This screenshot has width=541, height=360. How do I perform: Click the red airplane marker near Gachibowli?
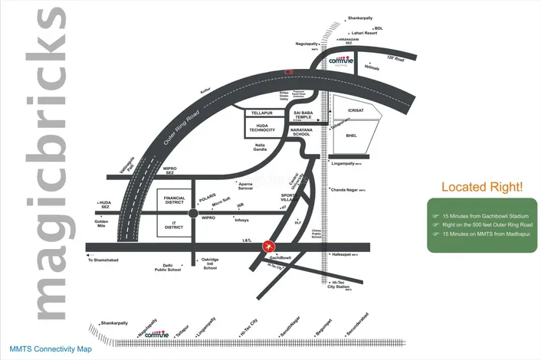point(268,246)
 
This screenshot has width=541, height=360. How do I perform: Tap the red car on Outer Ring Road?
point(288,71)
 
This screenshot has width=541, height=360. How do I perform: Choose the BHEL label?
point(351,136)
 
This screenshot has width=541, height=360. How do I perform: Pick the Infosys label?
point(241,220)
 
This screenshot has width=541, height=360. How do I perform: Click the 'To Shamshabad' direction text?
point(106,260)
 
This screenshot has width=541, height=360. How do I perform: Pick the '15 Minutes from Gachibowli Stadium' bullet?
point(486,215)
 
